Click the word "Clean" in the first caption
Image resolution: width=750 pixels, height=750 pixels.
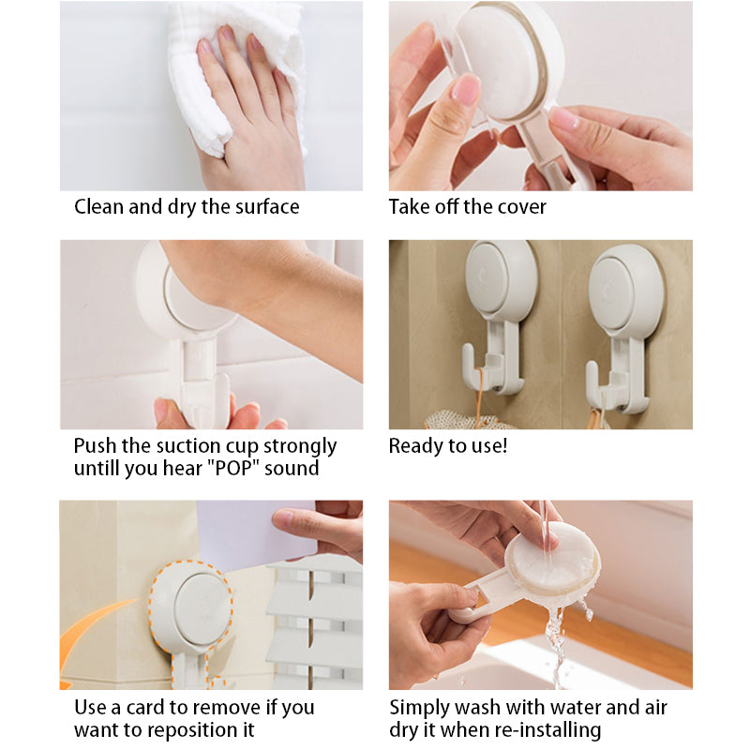tap(98, 206)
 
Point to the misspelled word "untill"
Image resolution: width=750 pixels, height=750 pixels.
tap(97, 468)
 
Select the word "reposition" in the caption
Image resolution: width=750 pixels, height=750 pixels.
tap(192, 731)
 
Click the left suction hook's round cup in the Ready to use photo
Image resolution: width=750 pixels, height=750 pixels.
tap(501, 279)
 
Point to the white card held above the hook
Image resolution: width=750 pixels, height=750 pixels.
tap(256, 534)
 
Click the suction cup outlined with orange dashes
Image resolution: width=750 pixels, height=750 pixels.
tap(191, 608)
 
